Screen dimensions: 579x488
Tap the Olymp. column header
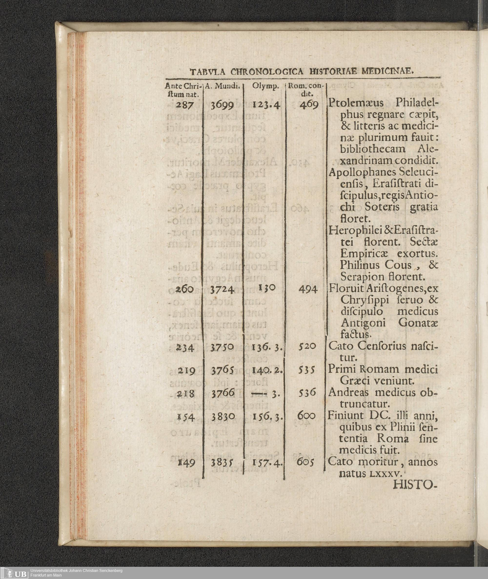265,86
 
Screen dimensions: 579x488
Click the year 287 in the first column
185,105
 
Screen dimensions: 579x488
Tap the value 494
308,289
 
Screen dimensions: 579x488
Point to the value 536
307,392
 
